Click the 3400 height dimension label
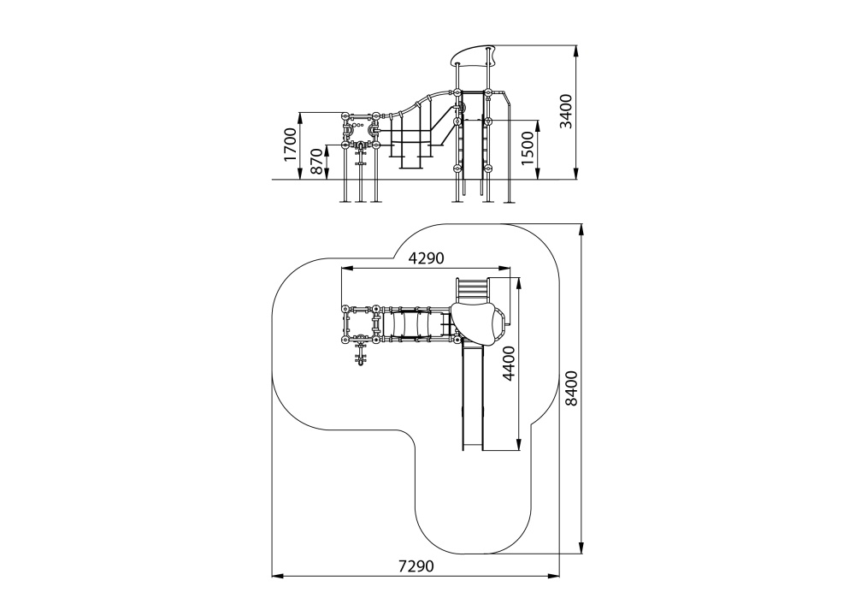click(566, 111)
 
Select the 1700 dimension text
click(290, 145)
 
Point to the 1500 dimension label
click(528, 149)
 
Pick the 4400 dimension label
click(509, 363)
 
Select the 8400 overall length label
click(571, 388)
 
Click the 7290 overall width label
click(416, 566)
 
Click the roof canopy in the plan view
click(479, 322)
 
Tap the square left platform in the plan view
click(360, 324)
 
